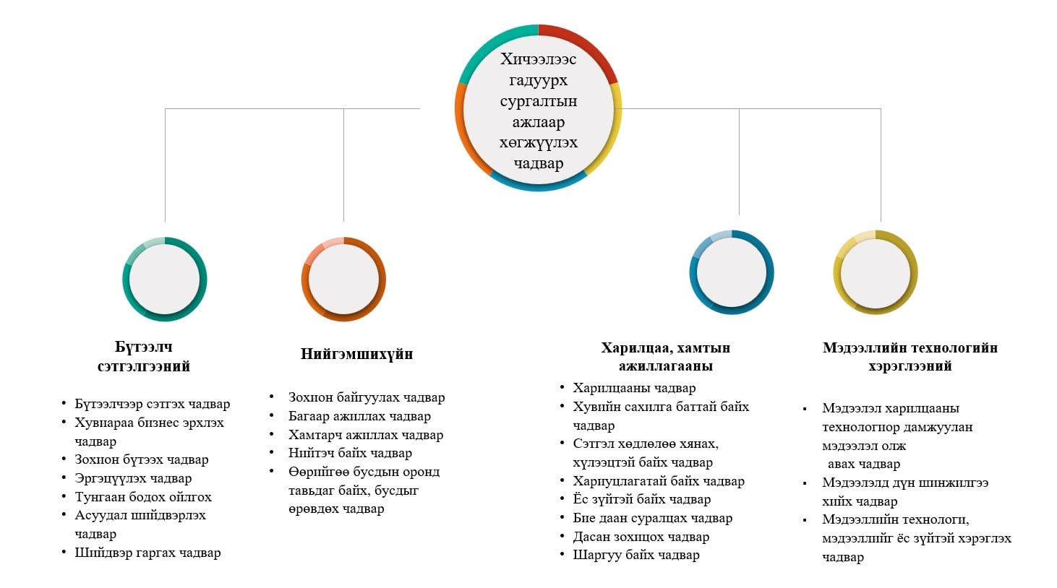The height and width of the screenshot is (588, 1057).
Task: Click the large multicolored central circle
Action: click(538, 108)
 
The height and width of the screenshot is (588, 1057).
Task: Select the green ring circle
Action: click(165, 280)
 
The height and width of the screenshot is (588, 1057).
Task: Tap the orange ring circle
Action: click(343, 280)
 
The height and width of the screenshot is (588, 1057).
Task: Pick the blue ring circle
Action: click(732, 272)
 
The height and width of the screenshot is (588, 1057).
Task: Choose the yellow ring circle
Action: click(876, 272)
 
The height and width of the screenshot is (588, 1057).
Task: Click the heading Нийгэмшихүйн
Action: click(356, 354)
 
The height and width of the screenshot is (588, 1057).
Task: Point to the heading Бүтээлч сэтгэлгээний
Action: click(144, 357)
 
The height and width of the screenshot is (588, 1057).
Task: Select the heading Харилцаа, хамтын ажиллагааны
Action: click(665, 357)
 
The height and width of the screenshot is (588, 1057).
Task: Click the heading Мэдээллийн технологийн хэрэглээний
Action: click(910, 357)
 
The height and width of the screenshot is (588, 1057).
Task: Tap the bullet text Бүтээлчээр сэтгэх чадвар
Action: click(152, 404)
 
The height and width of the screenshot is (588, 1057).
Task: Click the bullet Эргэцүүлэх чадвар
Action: click(133, 478)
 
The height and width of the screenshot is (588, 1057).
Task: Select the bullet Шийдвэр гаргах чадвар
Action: click(147, 553)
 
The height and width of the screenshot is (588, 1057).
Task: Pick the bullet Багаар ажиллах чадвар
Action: click(359, 416)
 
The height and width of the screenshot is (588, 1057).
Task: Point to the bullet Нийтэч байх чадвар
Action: click(350, 453)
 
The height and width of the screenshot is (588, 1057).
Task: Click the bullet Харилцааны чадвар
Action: click(634, 388)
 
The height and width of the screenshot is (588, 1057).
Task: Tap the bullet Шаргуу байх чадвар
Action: click(636, 555)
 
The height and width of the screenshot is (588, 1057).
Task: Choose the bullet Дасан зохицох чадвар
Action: click(641, 537)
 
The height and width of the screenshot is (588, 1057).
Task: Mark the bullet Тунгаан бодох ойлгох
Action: click(143, 497)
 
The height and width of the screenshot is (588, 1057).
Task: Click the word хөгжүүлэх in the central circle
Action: click(538, 142)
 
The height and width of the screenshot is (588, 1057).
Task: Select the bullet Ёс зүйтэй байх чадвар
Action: click(641, 499)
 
